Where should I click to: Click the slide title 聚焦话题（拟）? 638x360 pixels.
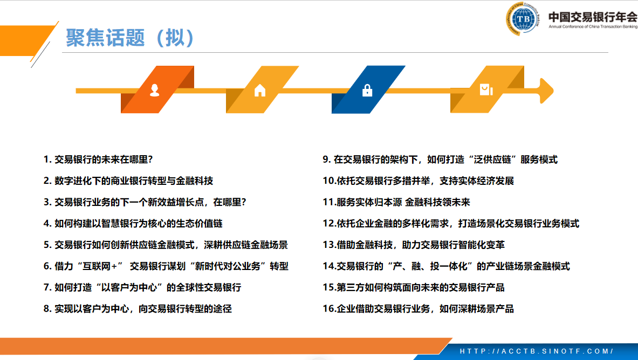point(129,38)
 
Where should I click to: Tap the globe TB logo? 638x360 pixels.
point(523,19)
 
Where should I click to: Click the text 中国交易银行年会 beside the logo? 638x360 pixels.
point(593,17)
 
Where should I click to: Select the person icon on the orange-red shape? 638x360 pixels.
point(155,90)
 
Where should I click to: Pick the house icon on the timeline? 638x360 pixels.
point(259,90)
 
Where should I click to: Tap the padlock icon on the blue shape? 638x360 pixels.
point(367,90)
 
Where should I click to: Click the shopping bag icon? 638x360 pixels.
point(486,89)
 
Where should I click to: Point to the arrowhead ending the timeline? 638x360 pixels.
point(546,91)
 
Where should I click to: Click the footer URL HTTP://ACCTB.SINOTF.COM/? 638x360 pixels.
point(536,351)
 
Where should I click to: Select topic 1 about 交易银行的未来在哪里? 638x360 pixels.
point(98,160)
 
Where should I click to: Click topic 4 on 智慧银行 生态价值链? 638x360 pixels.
point(133,223)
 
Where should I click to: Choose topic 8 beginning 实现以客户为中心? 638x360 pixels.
point(138,309)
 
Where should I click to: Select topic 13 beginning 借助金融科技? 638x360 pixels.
point(414,245)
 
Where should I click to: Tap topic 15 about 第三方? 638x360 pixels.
point(414,288)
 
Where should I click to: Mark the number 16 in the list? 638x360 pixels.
point(328,309)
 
